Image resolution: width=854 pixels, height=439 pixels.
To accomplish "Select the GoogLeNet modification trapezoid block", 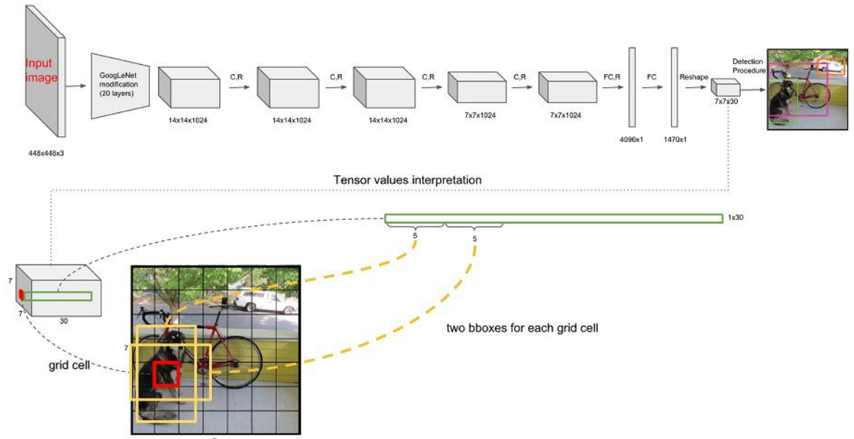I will (119, 85).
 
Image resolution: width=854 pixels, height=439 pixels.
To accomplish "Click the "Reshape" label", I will (695, 74).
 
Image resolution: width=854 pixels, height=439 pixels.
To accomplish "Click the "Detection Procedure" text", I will (749, 66).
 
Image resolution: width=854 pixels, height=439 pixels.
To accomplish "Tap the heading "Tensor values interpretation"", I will (408, 179).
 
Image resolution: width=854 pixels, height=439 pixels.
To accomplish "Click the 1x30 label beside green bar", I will (734, 217).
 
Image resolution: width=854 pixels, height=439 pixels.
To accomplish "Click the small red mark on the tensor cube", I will (22, 293).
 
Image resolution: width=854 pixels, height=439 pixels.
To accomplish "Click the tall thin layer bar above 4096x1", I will (632, 87).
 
